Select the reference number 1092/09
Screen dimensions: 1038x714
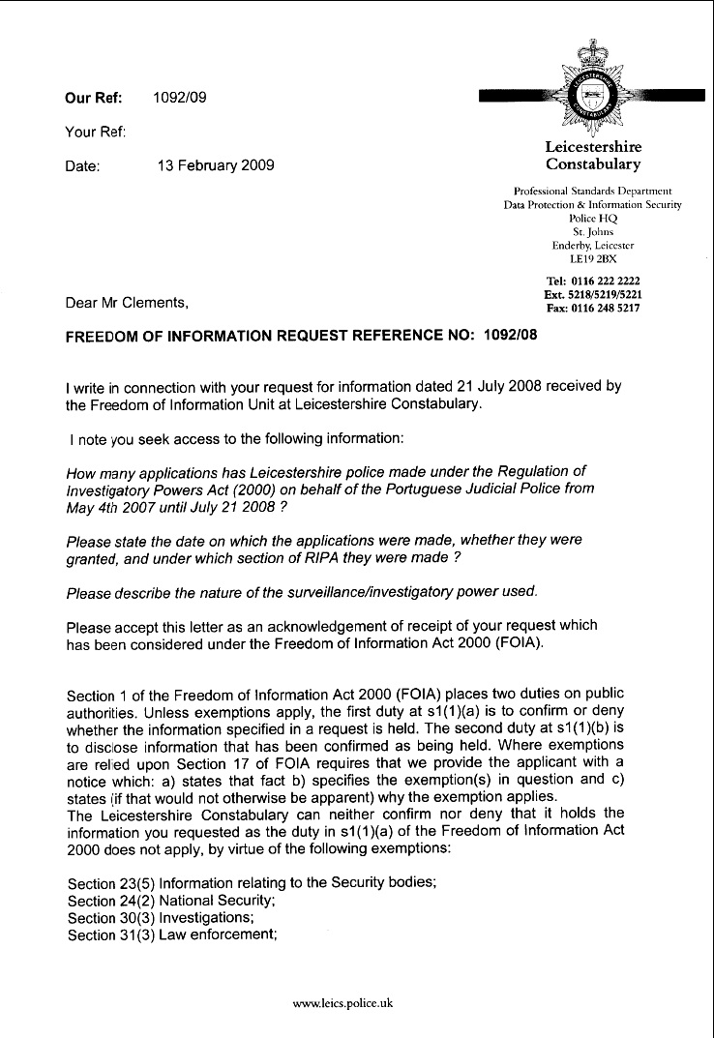pos(179,97)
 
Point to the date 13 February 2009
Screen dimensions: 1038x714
pos(215,165)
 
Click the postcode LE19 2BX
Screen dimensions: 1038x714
pos(593,259)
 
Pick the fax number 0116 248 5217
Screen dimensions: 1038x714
pos(611,308)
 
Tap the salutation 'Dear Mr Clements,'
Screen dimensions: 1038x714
pos(126,303)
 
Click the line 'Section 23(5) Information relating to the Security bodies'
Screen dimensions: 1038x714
pos(253,883)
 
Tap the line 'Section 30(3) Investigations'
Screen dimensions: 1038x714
pos(159,917)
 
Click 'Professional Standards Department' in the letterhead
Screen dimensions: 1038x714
pos(592,192)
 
